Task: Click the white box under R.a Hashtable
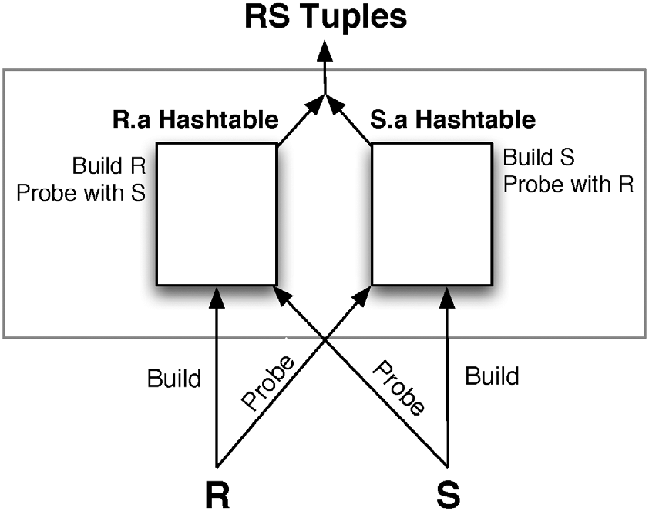[217, 214]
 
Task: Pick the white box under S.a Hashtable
[432, 214]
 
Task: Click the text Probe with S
[82, 192]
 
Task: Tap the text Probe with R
[568, 185]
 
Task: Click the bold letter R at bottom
[217, 493]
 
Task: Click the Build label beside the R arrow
[174, 378]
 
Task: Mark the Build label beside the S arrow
[493, 376]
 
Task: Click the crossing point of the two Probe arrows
[324, 339]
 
